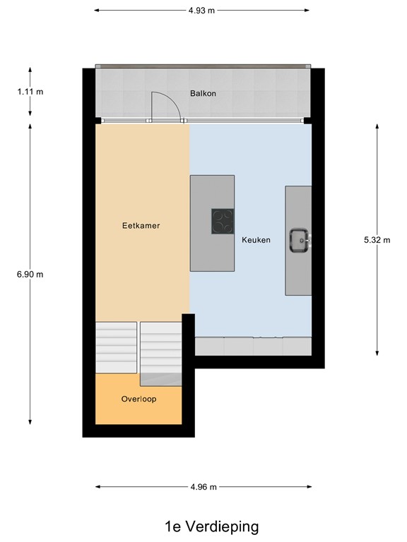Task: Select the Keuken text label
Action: coord(256,240)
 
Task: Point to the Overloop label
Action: coord(138,399)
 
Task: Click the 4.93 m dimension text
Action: coord(201,11)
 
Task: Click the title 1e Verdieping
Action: coord(202,526)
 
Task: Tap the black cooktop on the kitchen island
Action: coord(223,222)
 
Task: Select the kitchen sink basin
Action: coord(297,240)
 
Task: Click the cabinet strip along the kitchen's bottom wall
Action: coord(252,347)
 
